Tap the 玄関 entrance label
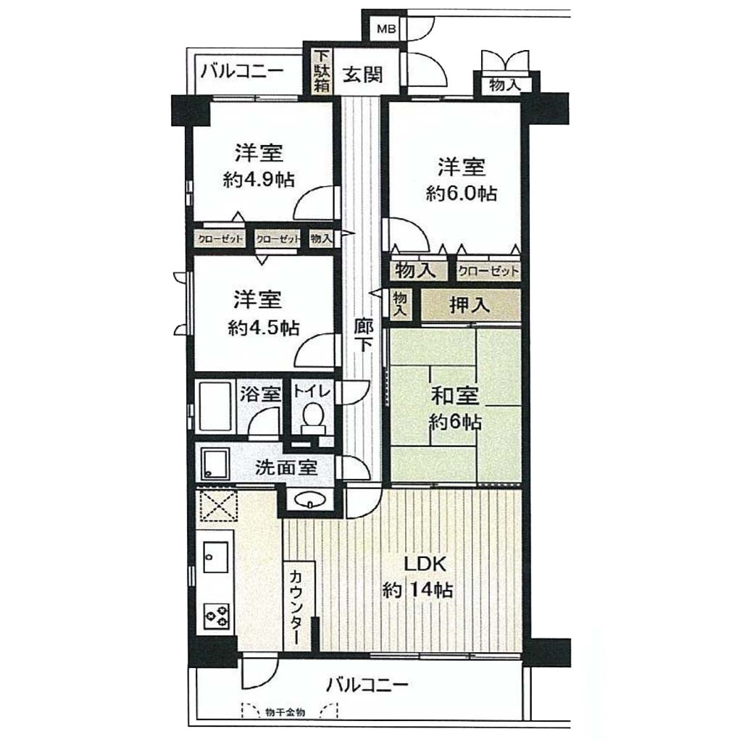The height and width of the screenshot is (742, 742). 364,75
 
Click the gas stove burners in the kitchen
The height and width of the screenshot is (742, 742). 216,615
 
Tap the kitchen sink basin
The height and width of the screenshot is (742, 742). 215,557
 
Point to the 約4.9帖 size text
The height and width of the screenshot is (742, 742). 259,180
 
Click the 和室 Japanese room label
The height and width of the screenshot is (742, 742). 455,396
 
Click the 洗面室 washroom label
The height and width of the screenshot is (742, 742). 285,467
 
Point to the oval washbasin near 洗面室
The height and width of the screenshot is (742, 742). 310,499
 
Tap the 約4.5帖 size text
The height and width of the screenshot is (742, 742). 263,327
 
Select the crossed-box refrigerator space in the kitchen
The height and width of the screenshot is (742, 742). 216,507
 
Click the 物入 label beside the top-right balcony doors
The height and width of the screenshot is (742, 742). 505,86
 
